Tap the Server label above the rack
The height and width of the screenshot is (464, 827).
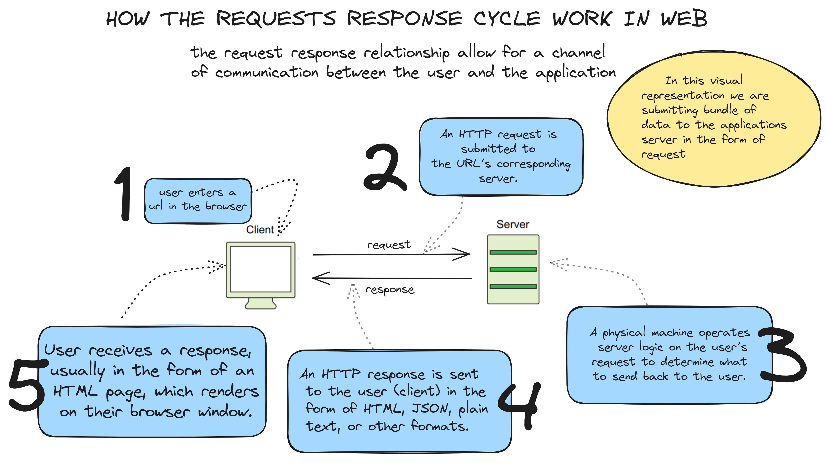[x=513, y=224]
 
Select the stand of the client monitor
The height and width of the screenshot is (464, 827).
[x=260, y=304]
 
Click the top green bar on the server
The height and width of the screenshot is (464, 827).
[x=513, y=252]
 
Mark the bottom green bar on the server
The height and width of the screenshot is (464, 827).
[x=513, y=286]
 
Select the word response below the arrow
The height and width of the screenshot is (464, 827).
[x=390, y=290]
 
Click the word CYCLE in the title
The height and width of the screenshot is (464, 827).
[x=507, y=19]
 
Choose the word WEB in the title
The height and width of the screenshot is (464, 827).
[x=684, y=19]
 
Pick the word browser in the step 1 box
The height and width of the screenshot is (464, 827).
[x=226, y=206]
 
